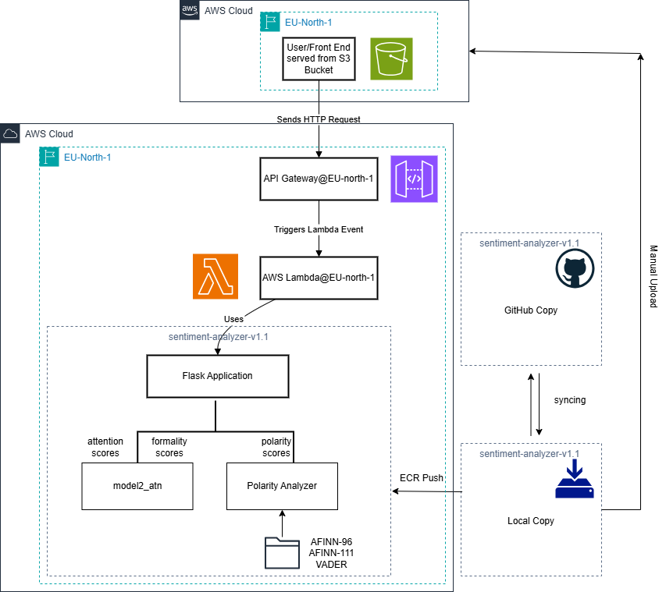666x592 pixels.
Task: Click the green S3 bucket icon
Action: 391,58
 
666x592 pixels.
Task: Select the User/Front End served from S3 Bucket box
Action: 319,58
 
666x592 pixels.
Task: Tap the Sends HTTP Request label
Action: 319,119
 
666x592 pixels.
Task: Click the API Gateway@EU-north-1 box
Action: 319,178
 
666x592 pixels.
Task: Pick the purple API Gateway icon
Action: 414,179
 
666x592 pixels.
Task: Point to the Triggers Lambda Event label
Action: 319,229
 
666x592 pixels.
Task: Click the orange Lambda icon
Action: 215,276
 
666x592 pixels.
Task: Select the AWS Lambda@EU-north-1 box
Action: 319,278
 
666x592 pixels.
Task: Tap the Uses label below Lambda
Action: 233,319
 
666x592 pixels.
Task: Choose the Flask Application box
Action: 217,376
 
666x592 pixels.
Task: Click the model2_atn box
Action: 137,486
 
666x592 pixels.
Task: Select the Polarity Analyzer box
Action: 282,486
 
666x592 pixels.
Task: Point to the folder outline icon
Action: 282,552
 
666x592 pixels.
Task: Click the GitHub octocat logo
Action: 575,269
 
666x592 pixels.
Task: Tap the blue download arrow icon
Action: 575,479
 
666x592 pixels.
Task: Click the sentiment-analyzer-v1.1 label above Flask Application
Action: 219,337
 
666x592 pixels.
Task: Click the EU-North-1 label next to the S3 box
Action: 308,23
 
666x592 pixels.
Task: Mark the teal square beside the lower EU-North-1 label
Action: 49,157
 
